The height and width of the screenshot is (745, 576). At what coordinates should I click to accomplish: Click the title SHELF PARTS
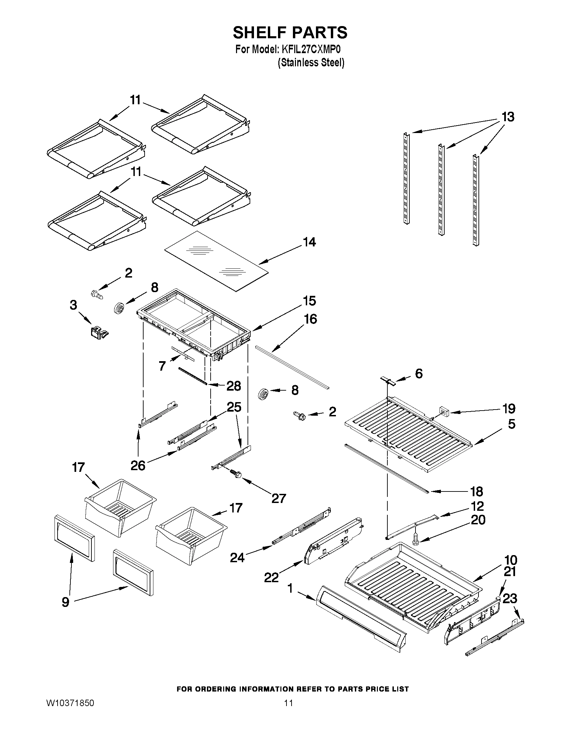290,32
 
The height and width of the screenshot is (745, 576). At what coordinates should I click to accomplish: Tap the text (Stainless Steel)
311,63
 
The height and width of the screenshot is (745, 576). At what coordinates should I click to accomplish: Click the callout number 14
309,242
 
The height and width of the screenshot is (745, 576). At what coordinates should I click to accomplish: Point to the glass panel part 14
216,261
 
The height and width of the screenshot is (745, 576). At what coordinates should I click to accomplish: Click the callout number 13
507,117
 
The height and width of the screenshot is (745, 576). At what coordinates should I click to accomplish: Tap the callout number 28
233,386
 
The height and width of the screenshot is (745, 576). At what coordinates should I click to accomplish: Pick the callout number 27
278,498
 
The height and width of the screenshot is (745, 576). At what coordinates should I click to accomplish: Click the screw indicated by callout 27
235,474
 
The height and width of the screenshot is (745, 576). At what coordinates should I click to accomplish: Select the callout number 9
65,602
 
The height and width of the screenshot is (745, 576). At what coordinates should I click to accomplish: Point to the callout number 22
271,577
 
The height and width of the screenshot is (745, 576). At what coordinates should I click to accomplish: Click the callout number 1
290,588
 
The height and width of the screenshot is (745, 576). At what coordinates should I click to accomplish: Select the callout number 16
311,319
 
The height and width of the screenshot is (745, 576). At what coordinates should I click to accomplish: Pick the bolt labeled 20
415,540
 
